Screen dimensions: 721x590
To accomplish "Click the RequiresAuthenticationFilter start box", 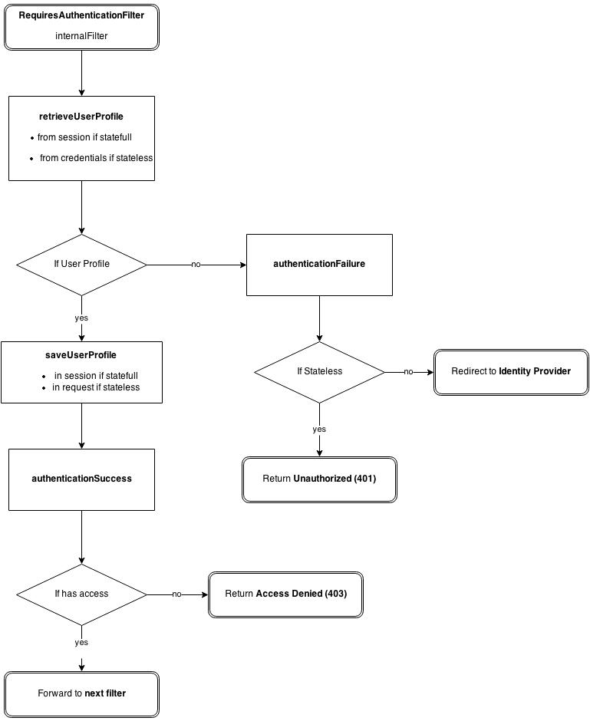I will click(81, 26).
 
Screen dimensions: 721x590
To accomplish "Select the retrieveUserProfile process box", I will click(81, 138).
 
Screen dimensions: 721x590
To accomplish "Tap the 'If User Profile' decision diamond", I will click(81, 264).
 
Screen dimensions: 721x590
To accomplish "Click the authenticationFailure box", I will click(319, 265).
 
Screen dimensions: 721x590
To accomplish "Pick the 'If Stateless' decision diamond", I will click(319, 371).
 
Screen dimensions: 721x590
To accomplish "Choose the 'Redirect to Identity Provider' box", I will click(511, 371).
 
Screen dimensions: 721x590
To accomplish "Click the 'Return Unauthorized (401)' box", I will click(319, 479).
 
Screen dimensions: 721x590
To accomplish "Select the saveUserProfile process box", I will click(81, 372).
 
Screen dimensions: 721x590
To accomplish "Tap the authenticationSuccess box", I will click(81, 479).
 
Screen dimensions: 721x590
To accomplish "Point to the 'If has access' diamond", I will click(81, 594).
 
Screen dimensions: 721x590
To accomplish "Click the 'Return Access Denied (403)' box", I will click(285, 594).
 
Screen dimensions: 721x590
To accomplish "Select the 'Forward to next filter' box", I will click(81, 694).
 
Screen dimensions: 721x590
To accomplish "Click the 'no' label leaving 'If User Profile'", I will click(196, 265).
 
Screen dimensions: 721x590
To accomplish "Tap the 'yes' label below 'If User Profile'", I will click(81, 318).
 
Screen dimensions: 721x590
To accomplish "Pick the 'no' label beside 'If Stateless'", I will click(408, 372).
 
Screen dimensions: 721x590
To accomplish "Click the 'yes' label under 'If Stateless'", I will click(319, 430).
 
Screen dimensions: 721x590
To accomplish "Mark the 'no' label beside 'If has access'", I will click(176, 594).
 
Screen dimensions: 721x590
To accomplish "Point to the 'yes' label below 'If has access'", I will click(81, 643).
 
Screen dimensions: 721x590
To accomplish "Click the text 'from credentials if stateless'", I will click(96, 158).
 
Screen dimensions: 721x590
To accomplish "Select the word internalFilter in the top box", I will click(81, 36).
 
